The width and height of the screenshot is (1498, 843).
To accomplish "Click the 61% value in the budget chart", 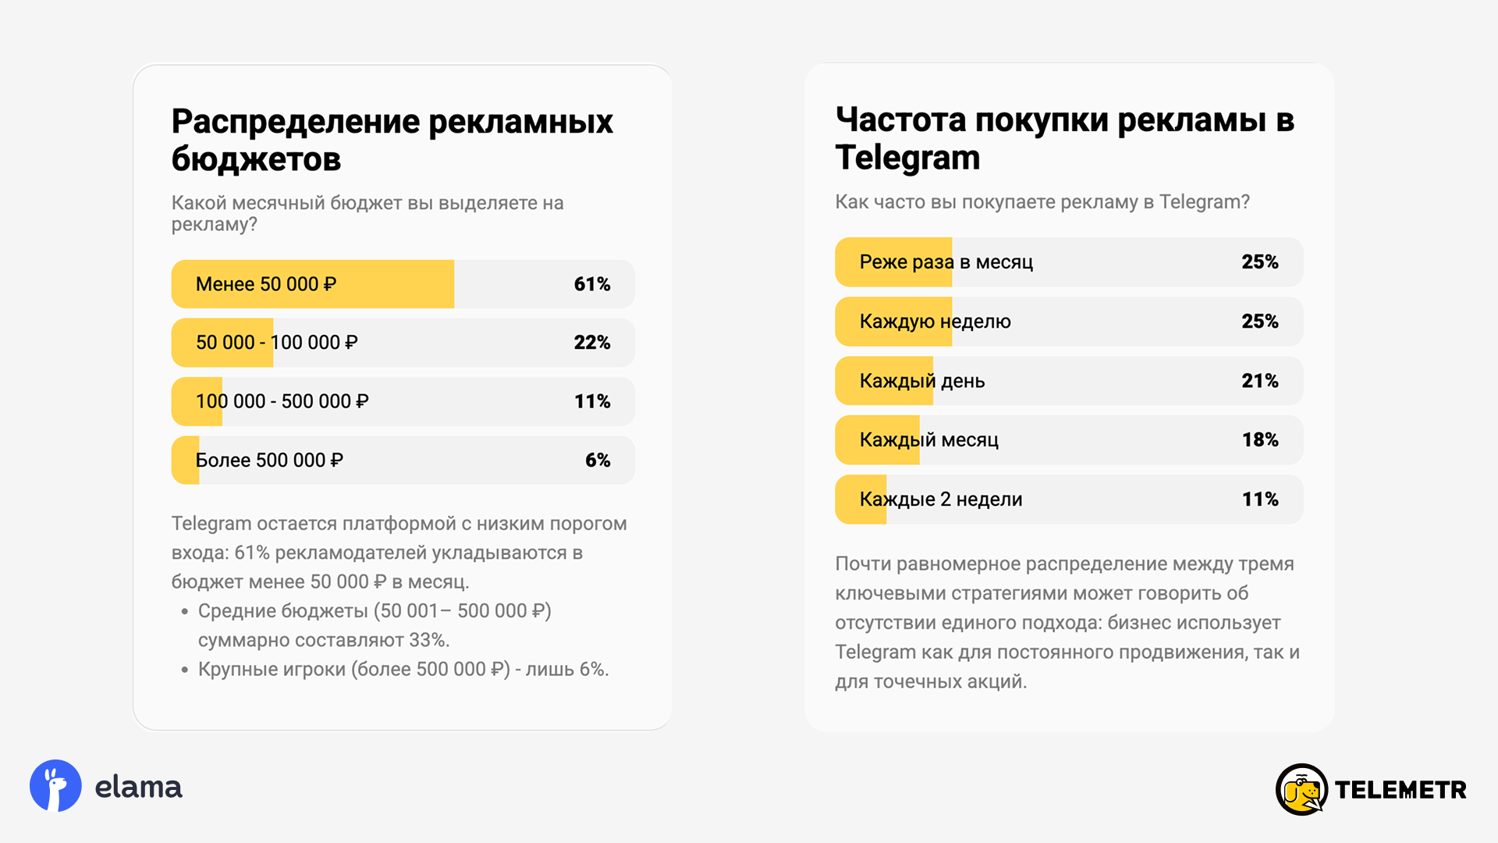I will (x=591, y=284).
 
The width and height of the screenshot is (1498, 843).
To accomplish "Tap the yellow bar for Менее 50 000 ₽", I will (x=312, y=284).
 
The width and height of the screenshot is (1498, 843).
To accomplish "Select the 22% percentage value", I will (x=591, y=343).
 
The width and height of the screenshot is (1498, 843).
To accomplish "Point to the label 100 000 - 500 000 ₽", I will (x=282, y=401).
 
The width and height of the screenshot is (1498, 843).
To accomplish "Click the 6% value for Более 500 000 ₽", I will (x=598, y=461).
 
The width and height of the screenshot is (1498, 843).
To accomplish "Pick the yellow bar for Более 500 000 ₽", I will (x=185, y=461).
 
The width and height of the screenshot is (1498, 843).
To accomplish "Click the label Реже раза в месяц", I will (x=946, y=262).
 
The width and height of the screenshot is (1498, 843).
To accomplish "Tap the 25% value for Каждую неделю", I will (x=1259, y=322).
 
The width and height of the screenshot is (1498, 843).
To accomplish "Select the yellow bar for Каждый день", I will (x=883, y=381).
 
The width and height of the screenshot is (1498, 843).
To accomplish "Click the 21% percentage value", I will (x=1259, y=381).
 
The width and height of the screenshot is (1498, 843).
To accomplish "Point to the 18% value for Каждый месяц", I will (x=1259, y=440).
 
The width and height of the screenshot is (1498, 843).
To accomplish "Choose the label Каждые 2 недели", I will (x=940, y=500).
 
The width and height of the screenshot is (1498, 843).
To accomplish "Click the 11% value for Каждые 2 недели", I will (x=1259, y=500).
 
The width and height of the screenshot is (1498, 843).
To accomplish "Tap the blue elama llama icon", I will (x=55, y=785).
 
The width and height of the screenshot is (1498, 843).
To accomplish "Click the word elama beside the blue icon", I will (x=138, y=788).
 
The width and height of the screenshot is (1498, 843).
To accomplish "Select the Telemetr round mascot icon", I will (x=1301, y=789).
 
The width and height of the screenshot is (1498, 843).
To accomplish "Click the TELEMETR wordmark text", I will (x=1400, y=790).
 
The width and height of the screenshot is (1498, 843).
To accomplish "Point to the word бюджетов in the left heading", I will (x=256, y=160).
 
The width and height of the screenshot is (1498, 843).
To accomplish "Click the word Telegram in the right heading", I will (x=907, y=158).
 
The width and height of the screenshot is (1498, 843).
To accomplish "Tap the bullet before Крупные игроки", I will (x=185, y=670).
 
